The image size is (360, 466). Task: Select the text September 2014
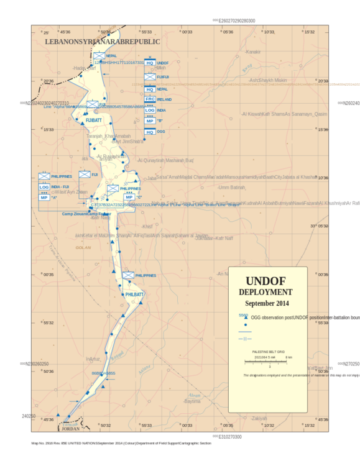(x=267, y=303)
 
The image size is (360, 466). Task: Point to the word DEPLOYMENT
(x=265, y=292)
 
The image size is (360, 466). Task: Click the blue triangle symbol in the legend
(x=245, y=318)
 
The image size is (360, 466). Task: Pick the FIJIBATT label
(x=93, y=120)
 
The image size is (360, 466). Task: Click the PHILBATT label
(x=134, y=294)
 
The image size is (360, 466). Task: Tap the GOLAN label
(x=83, y=247)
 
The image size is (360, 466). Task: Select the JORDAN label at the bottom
(x=72, y=429)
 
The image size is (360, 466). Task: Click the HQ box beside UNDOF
(x=150, y=63)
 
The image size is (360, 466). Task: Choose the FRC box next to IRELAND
(x=150, y=99)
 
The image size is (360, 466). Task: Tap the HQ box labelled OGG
(x=150, y=132)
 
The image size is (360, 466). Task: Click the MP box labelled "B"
(x=150, y=121)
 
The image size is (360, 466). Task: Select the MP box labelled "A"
(x=44, y=198)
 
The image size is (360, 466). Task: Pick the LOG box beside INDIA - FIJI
(x=44, y=187)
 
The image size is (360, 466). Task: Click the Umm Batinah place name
(x=231, y=187)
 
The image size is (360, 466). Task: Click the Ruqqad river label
(x=118, y=355)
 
